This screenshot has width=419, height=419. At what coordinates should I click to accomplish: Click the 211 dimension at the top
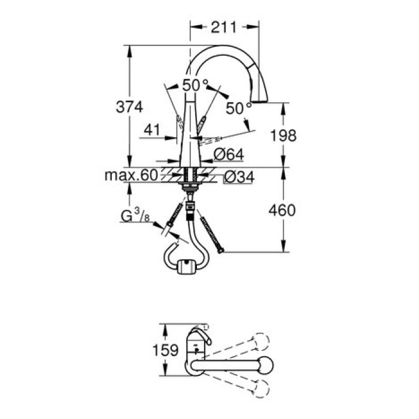(224, 26)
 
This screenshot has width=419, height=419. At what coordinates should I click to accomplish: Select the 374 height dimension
(129, 107)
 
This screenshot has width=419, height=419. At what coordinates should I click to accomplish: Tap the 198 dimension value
(283, 135)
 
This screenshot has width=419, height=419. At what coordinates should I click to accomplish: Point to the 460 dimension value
(283, 210)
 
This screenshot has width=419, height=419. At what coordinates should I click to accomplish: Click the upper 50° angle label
(195, 85)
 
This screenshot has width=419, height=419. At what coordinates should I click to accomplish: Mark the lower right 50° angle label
(239, 108)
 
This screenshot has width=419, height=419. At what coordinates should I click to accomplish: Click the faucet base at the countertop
(190, 163)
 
